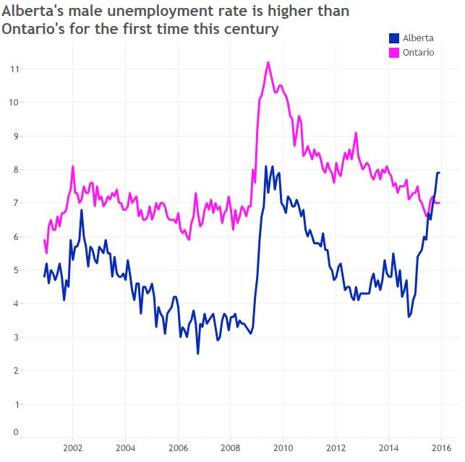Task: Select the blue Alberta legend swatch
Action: [x=394, y=38]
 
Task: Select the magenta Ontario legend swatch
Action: [x=394, y=53]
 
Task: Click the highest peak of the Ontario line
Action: [x=268, y=62]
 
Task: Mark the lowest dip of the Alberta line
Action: [x=198, y=354]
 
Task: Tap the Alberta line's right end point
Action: [x=440, y=173]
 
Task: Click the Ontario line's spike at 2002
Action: [x=73, y=166]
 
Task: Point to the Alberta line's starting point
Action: [x=44, y=276]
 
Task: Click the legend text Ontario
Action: [x=418, y=53]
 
